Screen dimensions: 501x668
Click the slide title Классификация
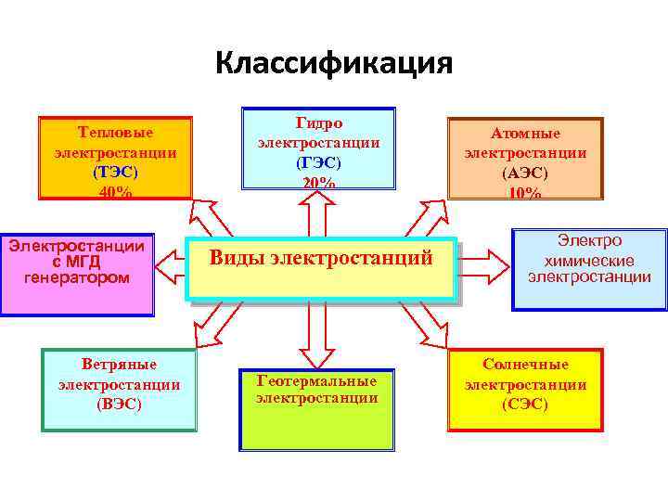pos(333,63)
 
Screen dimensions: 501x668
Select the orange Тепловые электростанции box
pos(115,158)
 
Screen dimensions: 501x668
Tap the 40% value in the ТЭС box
pos(115,192)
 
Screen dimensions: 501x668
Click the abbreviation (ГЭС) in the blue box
pos(318,161)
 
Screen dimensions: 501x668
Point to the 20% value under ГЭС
pos(318,182)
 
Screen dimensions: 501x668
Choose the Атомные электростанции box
pos(525,158)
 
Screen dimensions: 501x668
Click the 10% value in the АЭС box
pos(525,192)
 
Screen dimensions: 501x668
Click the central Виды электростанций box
pos(321,259)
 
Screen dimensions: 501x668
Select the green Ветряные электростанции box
pos(119,389)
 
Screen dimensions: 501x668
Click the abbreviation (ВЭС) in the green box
pos(119,405)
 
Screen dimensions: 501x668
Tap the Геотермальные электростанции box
pos(316,408)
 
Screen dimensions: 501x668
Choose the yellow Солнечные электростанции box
pos(525,389)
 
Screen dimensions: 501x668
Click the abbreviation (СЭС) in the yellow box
pos(525,405)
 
